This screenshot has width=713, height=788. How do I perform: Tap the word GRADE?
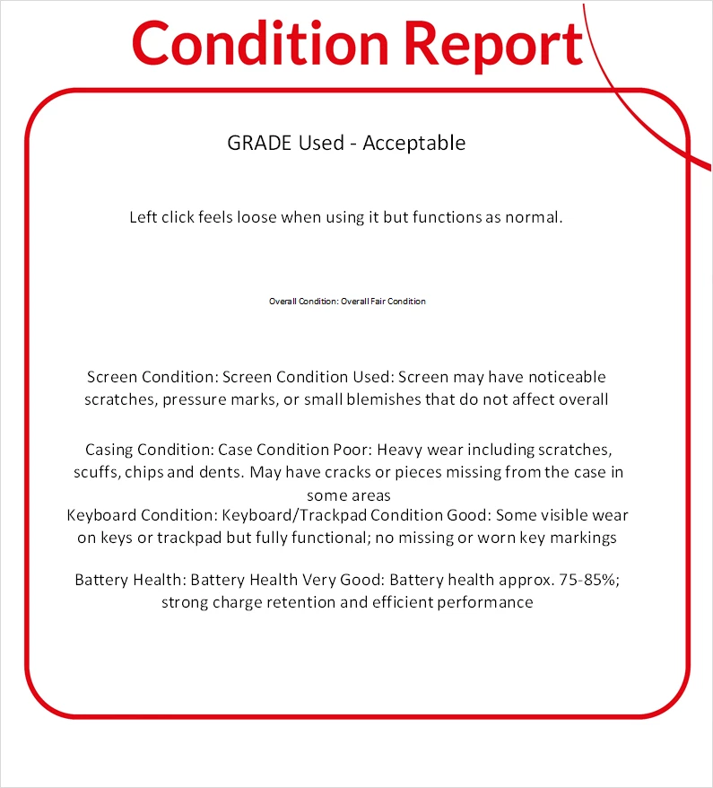point(257,143)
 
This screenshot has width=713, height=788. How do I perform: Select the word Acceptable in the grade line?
point(413,143)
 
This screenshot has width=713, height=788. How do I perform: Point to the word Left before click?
point(143,217)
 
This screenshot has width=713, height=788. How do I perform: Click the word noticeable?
point(564,377)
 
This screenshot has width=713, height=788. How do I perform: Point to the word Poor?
point(340,449)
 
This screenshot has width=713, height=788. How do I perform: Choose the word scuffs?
point(96,471)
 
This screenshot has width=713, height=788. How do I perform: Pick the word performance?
point(485,602)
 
